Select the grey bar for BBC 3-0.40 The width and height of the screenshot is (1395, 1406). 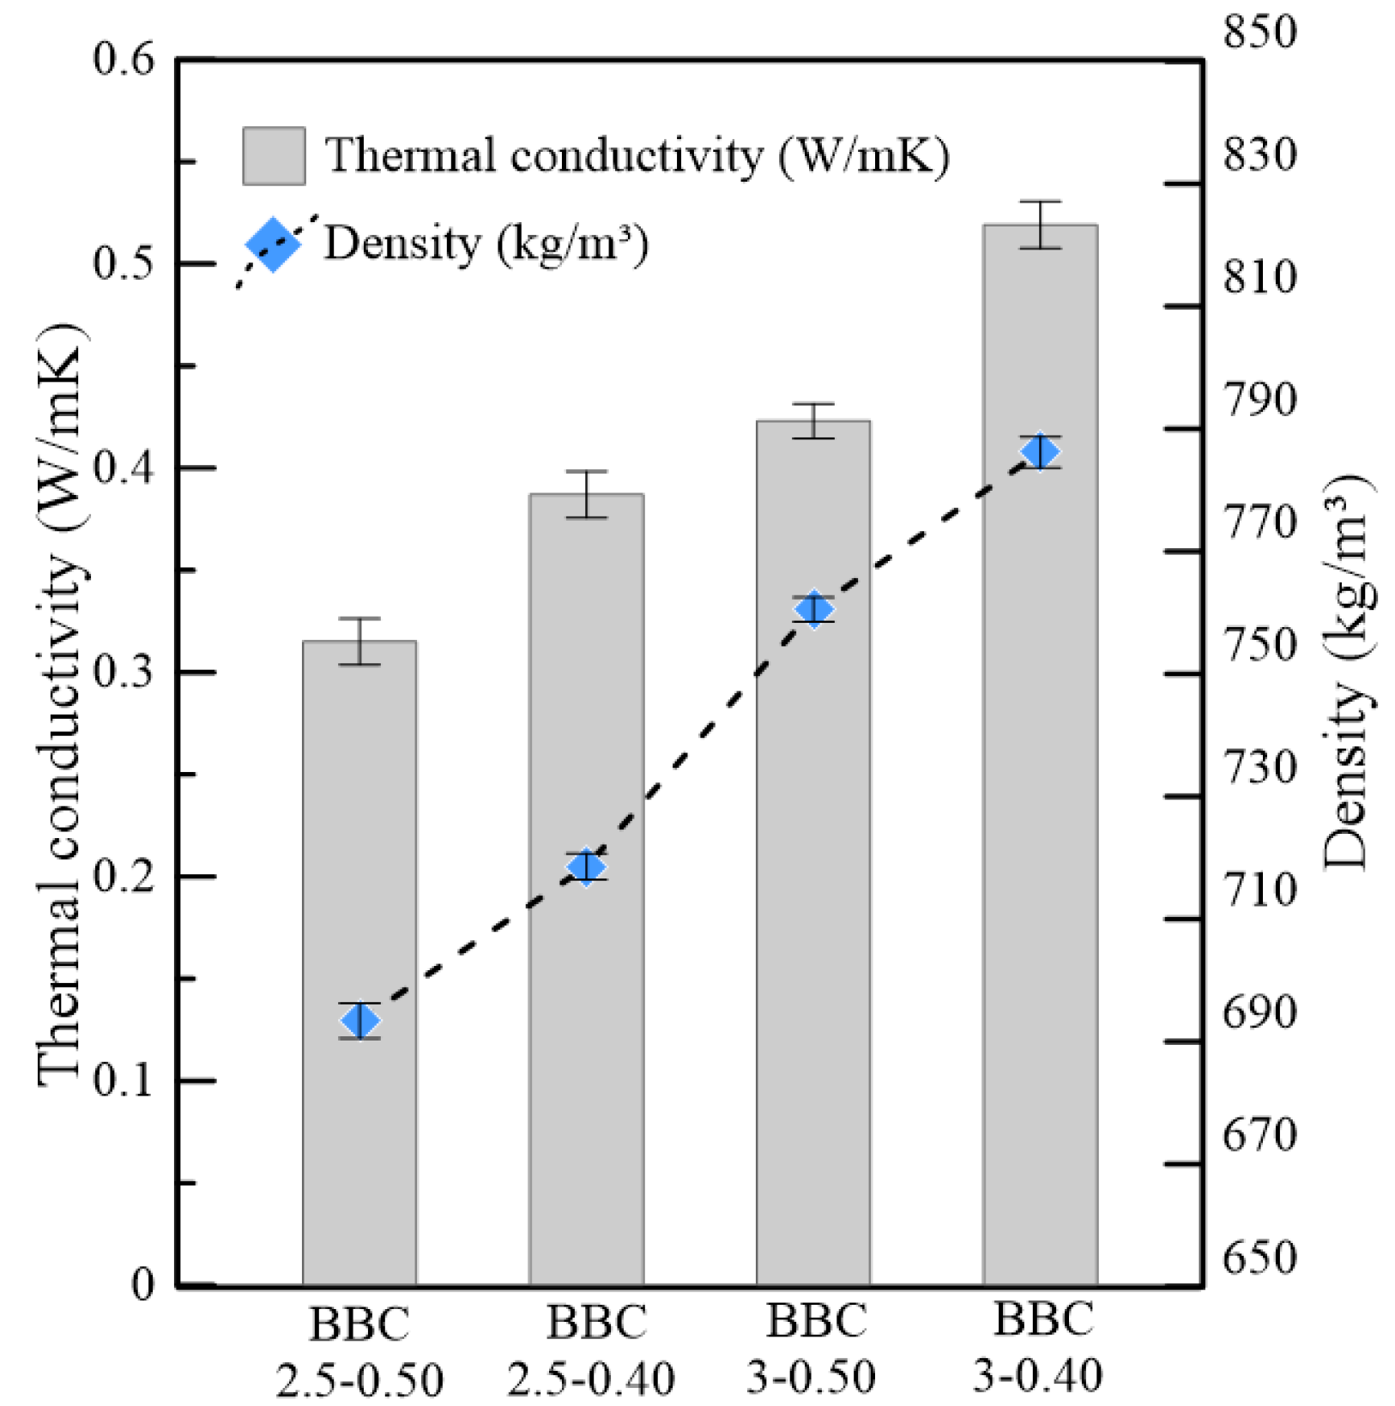pyautogui.click(x=1040, y=772)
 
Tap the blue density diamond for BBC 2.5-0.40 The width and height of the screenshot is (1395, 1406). pyautogui.click(x=587, y=867)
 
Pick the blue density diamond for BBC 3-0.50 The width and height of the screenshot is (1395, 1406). pyautogui.click(x=813, y=610)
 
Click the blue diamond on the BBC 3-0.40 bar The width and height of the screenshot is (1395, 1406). pyautogui.click(x=1040, y=451)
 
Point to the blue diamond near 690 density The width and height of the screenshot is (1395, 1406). pyautogui.click(x=359, y=1021)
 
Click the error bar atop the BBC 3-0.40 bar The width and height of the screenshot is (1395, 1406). pyautogui.click(x=1040, y=225)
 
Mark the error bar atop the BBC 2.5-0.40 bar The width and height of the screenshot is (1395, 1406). pyautogui.click(x=587, y=494)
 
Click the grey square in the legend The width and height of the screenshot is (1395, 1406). pyautogui.click(x=274, y=156)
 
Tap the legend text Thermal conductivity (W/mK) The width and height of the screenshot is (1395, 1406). pyautogui.click(x=637, y=156)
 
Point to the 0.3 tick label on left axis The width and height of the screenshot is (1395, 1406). pyautogui.click(x=124, y=673)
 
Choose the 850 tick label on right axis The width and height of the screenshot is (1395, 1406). pyautogui.click(x=1259, y=33)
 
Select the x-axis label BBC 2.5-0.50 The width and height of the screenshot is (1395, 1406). pyautogui.click(x=359, y=1352)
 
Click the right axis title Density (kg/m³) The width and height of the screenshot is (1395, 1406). pyautogui.click(x=1347, y=673)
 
